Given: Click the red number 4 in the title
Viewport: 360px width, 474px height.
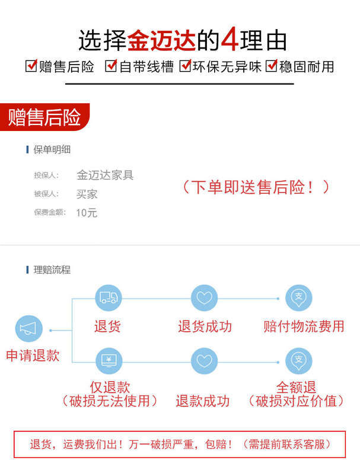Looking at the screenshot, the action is click(x=230, y=40).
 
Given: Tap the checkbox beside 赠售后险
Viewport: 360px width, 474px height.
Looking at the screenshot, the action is click(x=31, y=66).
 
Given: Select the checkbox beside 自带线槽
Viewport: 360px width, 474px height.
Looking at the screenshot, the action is click(x=111, y=66).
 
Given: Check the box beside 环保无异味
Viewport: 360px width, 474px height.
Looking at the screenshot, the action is click(x=185, y=66).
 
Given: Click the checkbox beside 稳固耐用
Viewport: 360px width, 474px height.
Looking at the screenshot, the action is click(x=272, y=66).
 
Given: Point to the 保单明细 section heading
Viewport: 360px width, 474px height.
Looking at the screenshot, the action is click(x=52, y=149).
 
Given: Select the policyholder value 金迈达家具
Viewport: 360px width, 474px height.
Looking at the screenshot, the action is click(x=105, y=175).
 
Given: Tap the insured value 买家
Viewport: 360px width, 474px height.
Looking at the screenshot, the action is click(x=87, y=194).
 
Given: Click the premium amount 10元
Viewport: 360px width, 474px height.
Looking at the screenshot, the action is click(x=87, y=213).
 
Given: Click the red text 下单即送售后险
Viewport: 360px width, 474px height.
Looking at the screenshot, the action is click(x=254, y=187).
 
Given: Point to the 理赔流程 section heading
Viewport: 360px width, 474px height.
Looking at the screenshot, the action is click(x=52, y=270).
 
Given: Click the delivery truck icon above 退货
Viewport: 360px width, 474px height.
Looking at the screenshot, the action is click(x=108, y=297).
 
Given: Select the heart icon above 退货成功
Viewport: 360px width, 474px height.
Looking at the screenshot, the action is click(x=204, y=297).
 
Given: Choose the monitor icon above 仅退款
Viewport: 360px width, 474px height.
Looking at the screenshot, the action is click(x=108, y=360).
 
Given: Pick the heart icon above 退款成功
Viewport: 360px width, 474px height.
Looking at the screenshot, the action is click(x=204, y=360).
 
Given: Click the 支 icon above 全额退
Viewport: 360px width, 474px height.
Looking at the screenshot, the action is click(x=298, y=360).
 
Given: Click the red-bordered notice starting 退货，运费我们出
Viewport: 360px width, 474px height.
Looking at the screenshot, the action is click(x=180, y=444).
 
